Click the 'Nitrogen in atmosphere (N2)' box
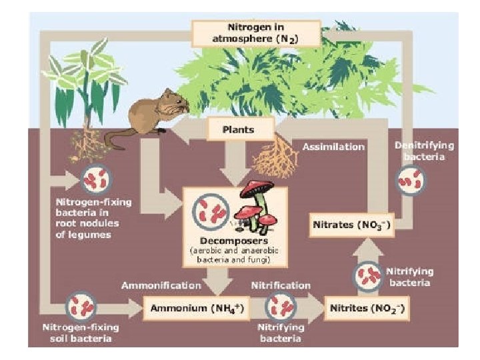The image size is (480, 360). coord(255,33)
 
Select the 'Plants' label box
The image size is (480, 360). coord(239,129)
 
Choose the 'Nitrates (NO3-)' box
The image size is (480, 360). coord(352,225)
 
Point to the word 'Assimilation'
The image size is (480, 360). coord(334,146)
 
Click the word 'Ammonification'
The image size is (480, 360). coord(161,285)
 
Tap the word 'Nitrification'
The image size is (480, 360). coord(280,285)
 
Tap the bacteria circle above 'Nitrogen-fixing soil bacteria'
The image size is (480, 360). coord(83,307)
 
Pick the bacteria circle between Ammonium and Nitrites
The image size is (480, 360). coord(280,307)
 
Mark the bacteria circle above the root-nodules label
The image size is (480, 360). coord(95,179)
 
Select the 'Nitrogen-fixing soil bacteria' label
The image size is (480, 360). coord(77,333)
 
